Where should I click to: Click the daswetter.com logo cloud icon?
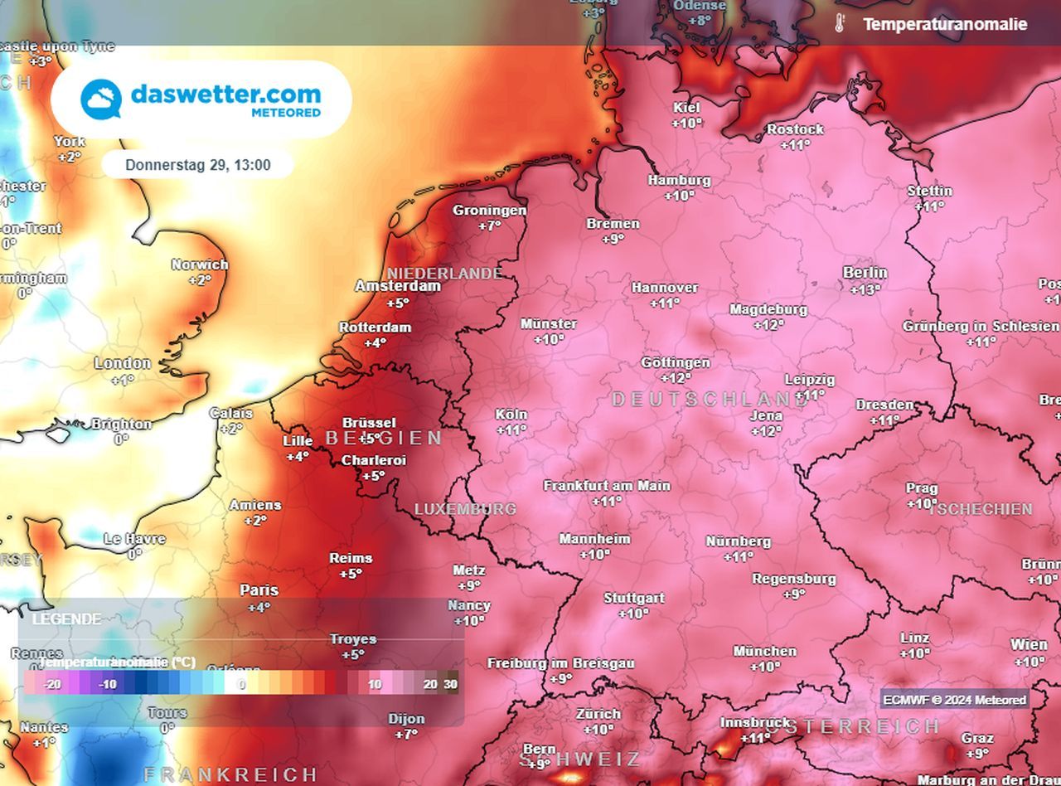click(101, 99)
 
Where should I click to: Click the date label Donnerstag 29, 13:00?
click(197, 165)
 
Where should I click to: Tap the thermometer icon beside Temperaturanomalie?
click(839, 24)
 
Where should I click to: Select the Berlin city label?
click(865, 273)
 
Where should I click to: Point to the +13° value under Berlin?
click(865, 290)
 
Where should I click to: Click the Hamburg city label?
click(679, 180)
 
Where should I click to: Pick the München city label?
click(764, 652)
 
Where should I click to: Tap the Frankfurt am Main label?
click(607, 486)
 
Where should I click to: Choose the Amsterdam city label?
click(398, 286)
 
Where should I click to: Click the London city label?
click(123, 363)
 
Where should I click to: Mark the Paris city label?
click(259, 590)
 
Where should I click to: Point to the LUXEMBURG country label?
click(465, 509)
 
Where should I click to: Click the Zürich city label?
click(598, 714)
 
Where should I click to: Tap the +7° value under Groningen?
click(490, 226)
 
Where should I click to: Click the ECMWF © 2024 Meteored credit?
click(954, 700)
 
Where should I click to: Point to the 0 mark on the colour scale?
click(241, 685)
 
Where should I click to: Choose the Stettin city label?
click(929, 192)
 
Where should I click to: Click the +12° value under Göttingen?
click(676, 378)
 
